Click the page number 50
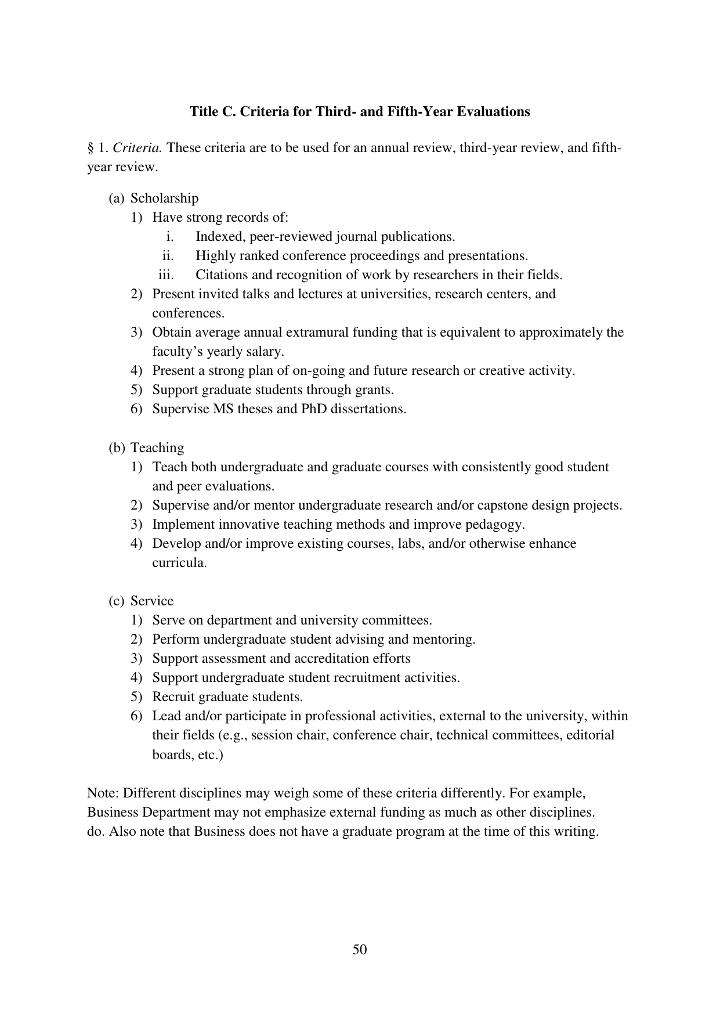point(360,949)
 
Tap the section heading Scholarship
point(164,198)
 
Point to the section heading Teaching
point(157,448)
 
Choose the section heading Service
point(152,601)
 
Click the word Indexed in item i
point(220,237)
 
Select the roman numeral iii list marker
point(167,275)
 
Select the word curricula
point(179,563)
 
